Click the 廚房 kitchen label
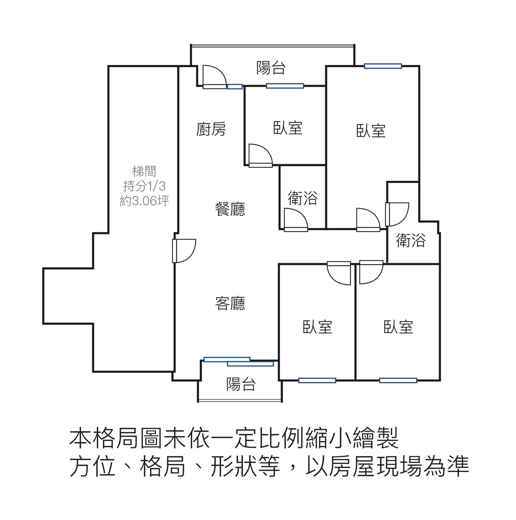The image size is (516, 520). coord(211,129)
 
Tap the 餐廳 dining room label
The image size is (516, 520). coord(230,209)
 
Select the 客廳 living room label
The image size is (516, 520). coord(230,303)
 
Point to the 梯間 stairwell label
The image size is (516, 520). coord(144,172)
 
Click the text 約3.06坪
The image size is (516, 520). coord(144,201)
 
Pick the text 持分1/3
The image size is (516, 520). coord(144,186)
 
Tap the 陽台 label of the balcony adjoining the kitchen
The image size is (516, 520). coord(271,68)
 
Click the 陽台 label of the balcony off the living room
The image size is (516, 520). coord(241,384)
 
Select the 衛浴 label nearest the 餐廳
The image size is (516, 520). coord(303,198)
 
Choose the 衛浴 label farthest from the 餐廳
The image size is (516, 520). coord(411,240)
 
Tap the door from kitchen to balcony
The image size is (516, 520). coord(213,77)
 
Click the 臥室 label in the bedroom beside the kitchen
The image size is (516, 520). coord(288,128)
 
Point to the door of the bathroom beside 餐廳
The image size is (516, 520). coord(295,220)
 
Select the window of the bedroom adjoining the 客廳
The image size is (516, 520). coord(317,380)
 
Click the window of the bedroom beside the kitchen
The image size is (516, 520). coord(285,86)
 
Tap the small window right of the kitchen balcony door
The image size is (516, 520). coord(235,86)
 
